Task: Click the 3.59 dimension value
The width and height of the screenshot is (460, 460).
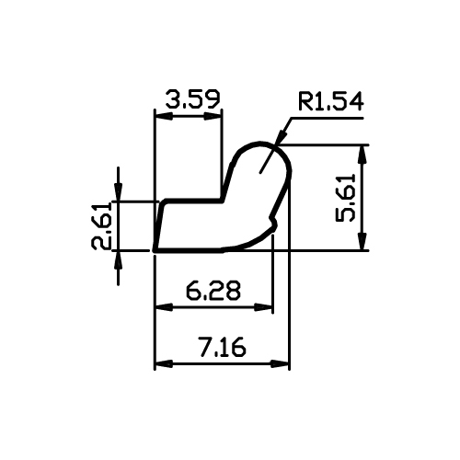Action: click(x=193, y=99)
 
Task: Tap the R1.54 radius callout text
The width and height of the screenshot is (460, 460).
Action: click(x=330, y=101)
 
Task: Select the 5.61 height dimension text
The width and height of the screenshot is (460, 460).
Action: click(x=345, y=198)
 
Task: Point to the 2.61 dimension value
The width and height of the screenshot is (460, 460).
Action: click(x=101, y=225)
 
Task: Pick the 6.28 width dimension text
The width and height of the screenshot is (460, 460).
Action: click(x=213, y=290)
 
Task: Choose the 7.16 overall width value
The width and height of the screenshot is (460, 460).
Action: click(x=223, y=347)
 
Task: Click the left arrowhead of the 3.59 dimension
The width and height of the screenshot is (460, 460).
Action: click(x=164, y=116)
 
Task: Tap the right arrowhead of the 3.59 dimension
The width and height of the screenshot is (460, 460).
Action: click(x=213, y=116)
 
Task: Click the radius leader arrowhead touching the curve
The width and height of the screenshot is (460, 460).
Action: click(x=282, y=138)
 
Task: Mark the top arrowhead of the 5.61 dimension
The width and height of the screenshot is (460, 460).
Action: click(x=363, y=154)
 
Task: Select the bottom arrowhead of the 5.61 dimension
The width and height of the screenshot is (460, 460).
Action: click(x=363, y=242)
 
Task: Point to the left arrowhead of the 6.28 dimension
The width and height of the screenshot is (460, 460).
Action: click(x=164, y=307)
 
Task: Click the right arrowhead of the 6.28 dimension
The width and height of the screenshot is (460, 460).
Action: click(x=263, y=307)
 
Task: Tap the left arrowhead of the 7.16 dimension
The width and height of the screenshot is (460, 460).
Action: click(x=164, y=364)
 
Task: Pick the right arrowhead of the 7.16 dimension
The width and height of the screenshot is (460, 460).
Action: click(x=281, y=364)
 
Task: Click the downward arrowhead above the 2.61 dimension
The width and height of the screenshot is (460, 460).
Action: click(x=119, y=192)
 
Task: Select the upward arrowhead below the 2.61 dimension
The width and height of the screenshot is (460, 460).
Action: click(x=119, y=259)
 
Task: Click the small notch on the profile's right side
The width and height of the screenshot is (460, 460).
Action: click(x=273, y=222)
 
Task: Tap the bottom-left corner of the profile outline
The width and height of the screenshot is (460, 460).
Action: click(x=155, y=251)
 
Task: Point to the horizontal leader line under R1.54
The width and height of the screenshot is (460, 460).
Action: click(x=328, y=118)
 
